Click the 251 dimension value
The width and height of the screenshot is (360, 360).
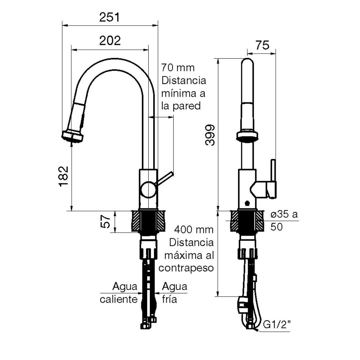pos(110,17)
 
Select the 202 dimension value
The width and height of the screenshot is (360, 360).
pos(110,41)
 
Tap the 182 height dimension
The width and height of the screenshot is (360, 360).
pos(64,176)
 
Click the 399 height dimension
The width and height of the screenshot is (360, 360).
pos(210,135)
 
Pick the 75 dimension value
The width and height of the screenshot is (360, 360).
pos(262,45)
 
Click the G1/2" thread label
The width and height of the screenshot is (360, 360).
pos(277,324)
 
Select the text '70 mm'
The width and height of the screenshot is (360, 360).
pos(178,68)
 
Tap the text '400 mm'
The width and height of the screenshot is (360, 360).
pos(194,229)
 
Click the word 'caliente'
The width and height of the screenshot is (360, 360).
pos(119,299)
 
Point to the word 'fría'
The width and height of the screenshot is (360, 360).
pos(169,299)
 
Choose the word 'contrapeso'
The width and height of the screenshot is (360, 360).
pos(186,268)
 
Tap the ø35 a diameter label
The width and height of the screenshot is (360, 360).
pos(284,214)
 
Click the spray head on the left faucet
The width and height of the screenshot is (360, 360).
pos(72,137)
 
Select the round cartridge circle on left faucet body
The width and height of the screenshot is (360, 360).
pos(149,189)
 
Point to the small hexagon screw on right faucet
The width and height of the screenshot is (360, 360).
pos(247,203)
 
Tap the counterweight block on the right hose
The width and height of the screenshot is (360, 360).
pos(242,305)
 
